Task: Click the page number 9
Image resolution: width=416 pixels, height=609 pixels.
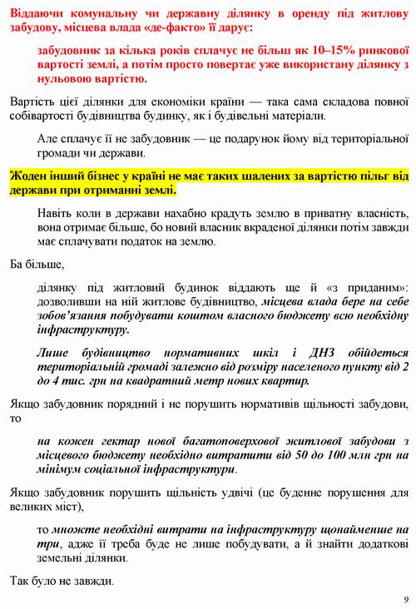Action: pos(405,599)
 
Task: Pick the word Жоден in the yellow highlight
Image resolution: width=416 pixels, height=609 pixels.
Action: pos(29,176)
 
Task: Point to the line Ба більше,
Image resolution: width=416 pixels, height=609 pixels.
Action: pos(37,265)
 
